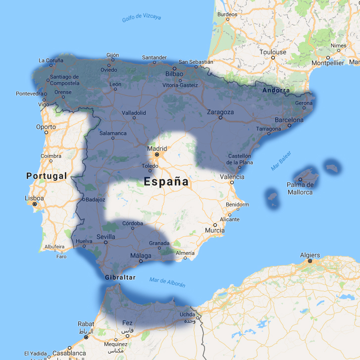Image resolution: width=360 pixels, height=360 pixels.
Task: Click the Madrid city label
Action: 157,148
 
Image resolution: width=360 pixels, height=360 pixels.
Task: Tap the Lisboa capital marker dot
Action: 35,204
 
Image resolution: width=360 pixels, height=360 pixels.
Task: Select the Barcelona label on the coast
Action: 289,120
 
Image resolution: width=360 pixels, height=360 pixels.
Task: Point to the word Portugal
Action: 47,176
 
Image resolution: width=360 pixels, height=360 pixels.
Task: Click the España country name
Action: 166,182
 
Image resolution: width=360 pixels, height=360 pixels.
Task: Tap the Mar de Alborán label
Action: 167,283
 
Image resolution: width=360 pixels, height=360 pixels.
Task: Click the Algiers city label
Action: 310,255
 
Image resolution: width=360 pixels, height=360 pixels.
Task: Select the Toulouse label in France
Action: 273,52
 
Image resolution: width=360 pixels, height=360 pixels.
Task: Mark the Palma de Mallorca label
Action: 300,189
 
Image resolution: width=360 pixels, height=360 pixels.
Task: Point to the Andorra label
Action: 276,90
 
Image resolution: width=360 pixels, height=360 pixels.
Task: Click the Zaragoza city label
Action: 220,112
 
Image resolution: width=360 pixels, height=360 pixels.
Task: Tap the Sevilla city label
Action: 106,237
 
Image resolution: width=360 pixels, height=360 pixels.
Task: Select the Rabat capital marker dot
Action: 86,337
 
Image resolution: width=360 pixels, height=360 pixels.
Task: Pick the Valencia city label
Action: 232,177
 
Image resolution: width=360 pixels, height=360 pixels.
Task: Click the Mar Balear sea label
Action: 281,161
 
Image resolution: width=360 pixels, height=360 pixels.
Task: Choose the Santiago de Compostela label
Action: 64,80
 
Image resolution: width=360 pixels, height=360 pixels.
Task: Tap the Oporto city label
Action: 46,127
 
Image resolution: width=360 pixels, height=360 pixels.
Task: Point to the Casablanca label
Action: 69,354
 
